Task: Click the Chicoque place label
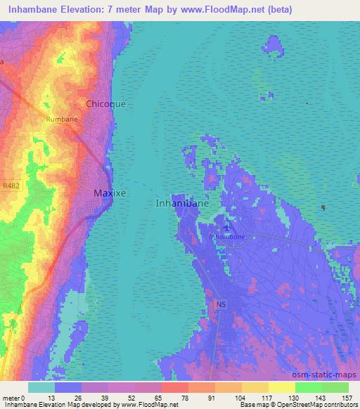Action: [105, 103]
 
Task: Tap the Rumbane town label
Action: [62, 119]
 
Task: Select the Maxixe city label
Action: [110, 192]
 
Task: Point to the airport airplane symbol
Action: [226, 227]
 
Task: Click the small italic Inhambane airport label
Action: [227, 237]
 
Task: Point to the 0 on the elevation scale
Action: [23, 397]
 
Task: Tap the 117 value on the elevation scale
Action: [256, 397]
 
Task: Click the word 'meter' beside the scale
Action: [10, 397]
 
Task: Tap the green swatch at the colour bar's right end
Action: [335, 387]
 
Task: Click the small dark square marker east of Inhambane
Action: [323, 207]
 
